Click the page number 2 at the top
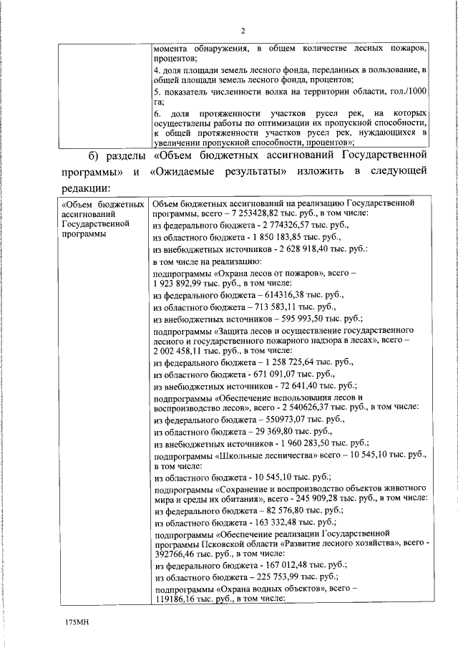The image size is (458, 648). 243,31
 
